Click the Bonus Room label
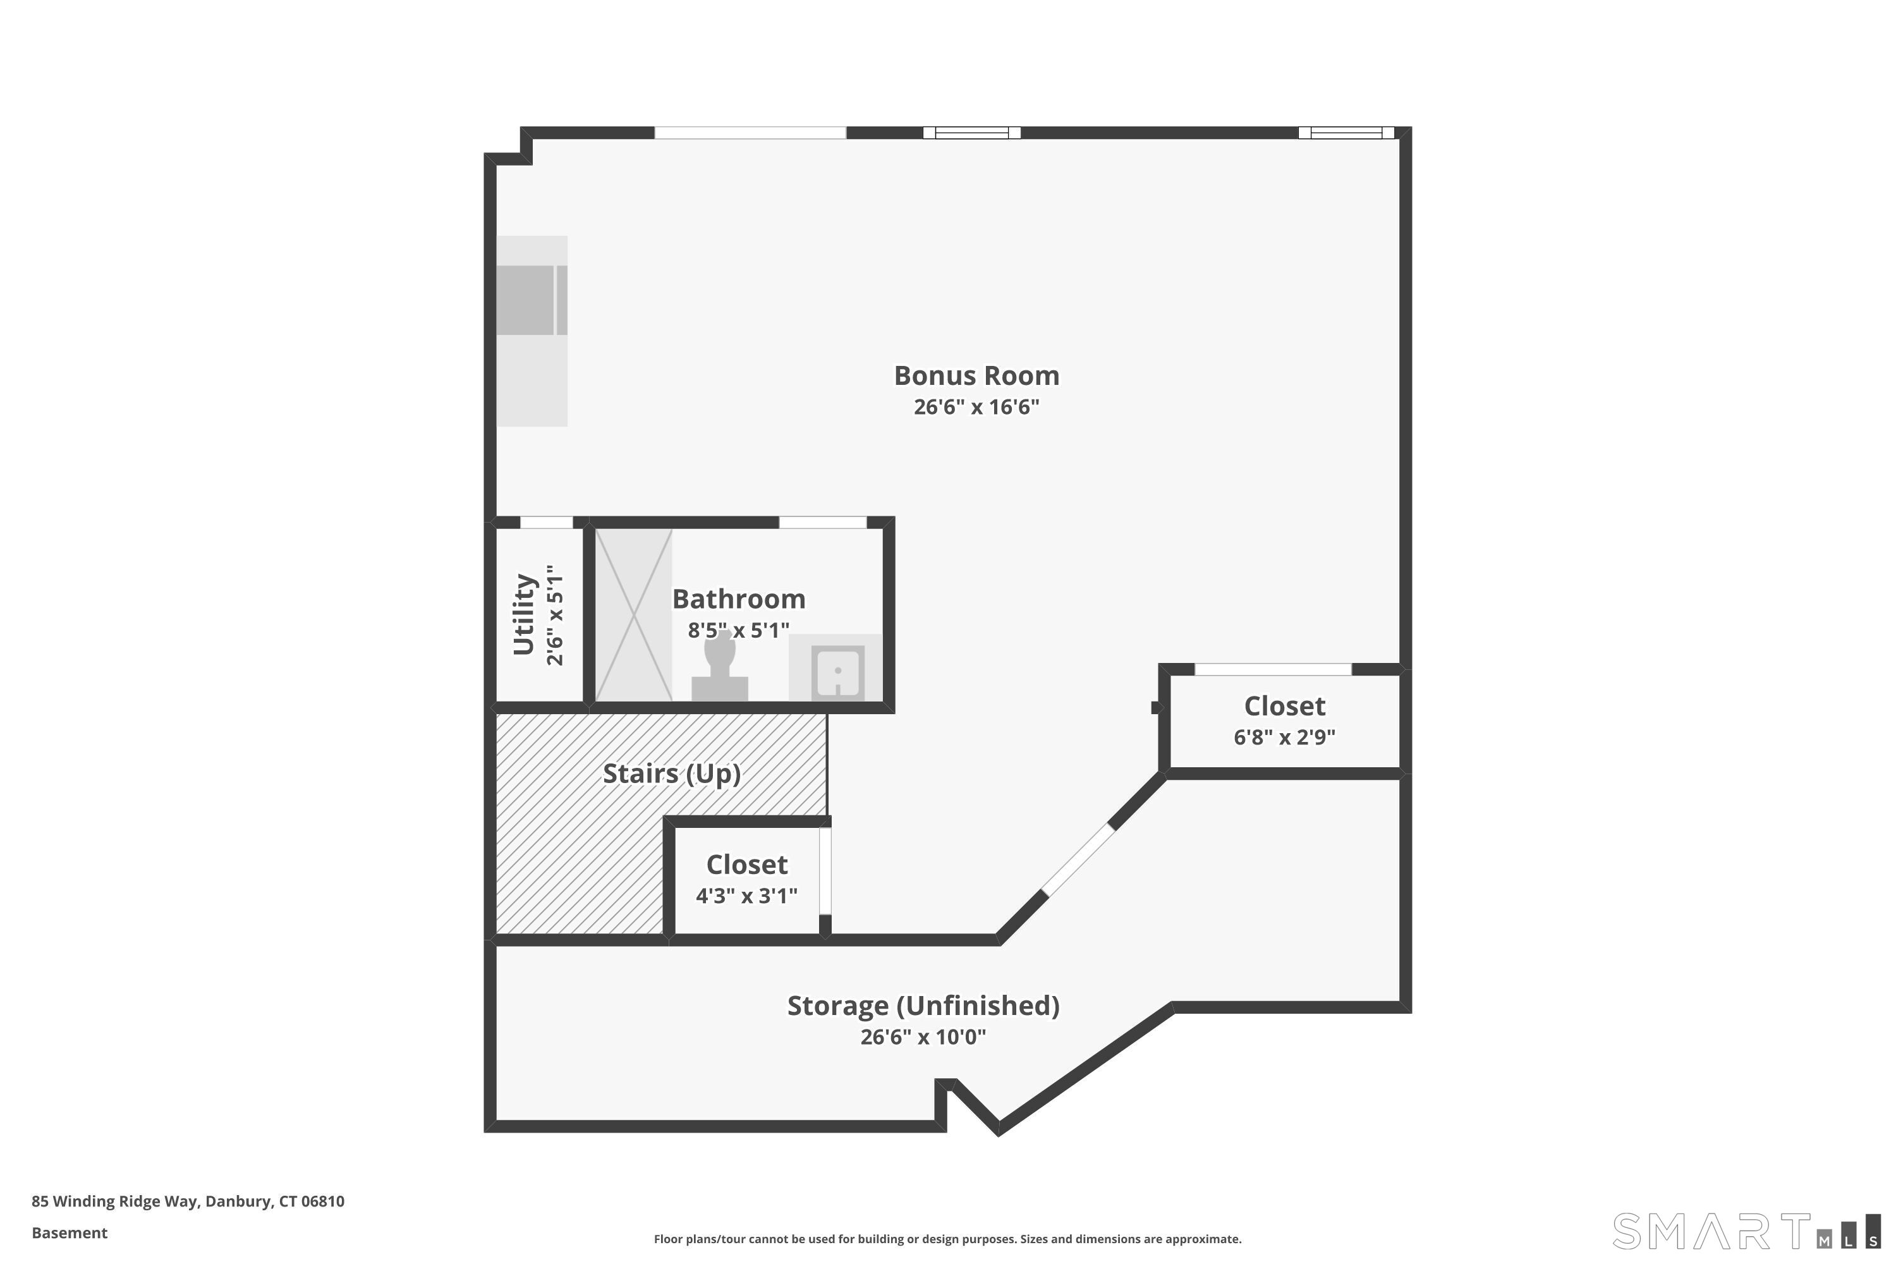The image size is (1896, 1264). pos(976,375)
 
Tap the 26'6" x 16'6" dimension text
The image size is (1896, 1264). pos(976,407)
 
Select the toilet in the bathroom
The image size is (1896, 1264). pos(719,667)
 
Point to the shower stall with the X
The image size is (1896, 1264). pos(634,615)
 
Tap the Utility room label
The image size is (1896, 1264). pos(524,614)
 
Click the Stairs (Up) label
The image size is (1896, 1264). pos(671,774)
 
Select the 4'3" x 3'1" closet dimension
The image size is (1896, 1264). pos(746,896)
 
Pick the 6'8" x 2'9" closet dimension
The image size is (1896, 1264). pos(1284,737)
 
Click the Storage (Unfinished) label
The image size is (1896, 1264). pos(923,1006)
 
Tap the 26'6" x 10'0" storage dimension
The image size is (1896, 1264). pos(923,1036)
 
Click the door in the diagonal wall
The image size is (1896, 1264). pos(1079,860)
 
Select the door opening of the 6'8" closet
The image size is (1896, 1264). pos(1272,670)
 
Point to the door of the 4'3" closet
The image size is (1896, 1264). pos(825,871)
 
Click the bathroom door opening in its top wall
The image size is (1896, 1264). pos(822,523)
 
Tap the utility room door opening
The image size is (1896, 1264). pos(546,523)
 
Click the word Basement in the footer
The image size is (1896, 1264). pos(70,1232)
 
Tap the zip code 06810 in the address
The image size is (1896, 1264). pos(322,1201)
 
